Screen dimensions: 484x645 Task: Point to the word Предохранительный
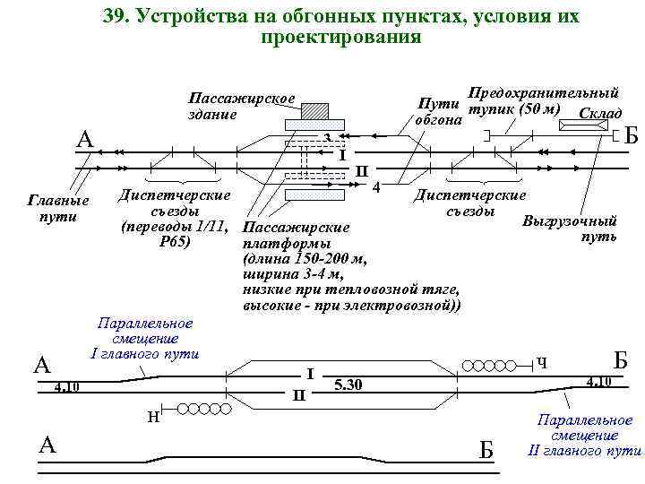click(545, 92)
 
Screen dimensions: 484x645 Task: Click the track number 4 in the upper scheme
click(376, 186)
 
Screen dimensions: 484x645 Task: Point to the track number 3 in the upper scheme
click(329, 136)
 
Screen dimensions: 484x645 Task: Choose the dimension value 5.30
click(348, 385)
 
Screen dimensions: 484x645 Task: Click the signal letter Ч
click(541, 363)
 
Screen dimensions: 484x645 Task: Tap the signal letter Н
click(154, 415)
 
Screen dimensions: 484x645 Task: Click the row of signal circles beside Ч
click(494, 365)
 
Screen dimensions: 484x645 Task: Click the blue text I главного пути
click(144, 352)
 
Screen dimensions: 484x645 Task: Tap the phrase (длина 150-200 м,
click(305, 259)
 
